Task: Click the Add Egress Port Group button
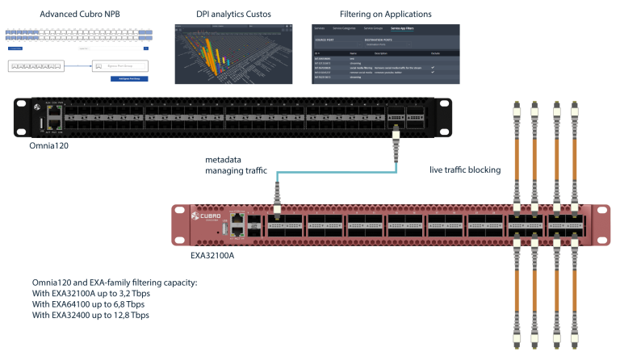(x=128, y=78)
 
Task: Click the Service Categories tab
(x=354, y=28)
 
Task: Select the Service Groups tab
(x=379, y=28)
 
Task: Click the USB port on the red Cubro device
(x=225, y=228)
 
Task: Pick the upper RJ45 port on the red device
(x=238, y=218)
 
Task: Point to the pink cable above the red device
(x=548, y=161)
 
